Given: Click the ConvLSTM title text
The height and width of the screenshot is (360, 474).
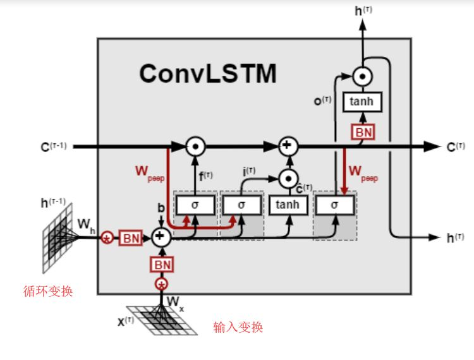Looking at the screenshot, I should pos(207,73).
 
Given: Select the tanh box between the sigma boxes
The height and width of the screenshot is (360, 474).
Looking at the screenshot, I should pos(288,205).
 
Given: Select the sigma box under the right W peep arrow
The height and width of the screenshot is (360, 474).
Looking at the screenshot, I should pos(334,205).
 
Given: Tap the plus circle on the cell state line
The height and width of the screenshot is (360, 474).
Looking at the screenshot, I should pos(288,147).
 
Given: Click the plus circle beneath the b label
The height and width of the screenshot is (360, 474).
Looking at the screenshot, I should pos(161,237).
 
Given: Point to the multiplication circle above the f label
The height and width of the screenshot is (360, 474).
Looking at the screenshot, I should pos(196,147).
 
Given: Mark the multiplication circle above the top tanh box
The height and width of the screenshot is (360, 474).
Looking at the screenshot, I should pos(362,76).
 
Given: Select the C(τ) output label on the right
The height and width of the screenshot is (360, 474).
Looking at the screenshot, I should pos(455,147).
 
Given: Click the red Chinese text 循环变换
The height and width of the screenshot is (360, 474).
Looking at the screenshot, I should pos(48,291).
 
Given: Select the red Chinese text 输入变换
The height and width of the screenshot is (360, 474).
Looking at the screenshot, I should pos(238,327).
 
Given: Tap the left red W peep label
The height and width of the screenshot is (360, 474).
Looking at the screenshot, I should pos(149,172).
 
